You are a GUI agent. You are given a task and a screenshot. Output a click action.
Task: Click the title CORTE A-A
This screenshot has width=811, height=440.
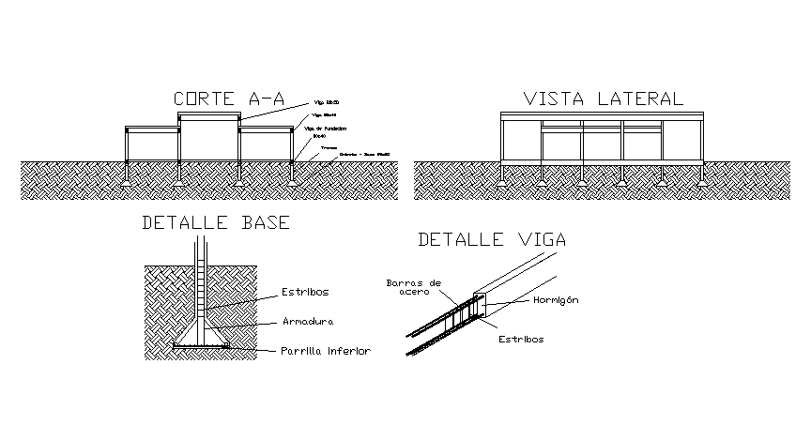click(x=228, y=99)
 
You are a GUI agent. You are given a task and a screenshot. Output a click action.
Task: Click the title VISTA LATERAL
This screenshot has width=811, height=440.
click(x=603, y=99)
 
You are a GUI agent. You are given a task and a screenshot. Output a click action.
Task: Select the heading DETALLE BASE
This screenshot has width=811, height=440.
click(x=215, y=223)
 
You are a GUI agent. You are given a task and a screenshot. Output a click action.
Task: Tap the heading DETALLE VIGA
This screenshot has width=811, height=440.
click(x=492, y=239)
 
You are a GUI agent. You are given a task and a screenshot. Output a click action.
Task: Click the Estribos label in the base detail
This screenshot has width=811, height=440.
click(x=306, y=291)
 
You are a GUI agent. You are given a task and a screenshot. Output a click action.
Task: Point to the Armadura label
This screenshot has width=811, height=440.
click(x=310, y=321)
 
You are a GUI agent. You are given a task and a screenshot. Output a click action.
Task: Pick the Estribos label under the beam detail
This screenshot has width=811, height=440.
click(x=520, y=340)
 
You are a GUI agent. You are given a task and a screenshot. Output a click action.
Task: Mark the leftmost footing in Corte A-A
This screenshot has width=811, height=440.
click(x=128, y=181)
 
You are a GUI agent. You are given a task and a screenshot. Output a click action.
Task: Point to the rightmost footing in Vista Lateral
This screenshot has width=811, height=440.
click(x=699, y=180)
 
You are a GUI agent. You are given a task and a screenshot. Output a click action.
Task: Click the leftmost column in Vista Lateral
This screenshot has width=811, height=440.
click(x=503, y=141)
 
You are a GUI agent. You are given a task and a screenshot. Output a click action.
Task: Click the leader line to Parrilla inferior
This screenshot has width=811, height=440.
click(x=253, y=350)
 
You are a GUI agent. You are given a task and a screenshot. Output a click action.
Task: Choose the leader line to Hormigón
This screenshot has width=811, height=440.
click(x=516, y=302)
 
